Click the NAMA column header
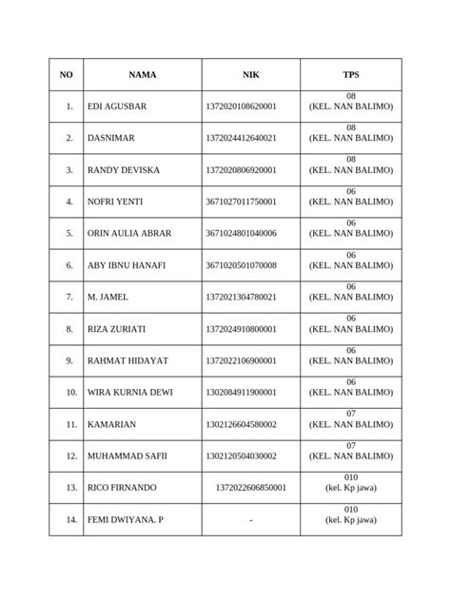[x=143, y=74]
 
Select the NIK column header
[x=250, y=74]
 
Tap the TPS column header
[x=351, y=74]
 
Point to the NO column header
[x=66, y=74]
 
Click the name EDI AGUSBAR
[x=117, y=106]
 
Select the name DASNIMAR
[x=111, y=138]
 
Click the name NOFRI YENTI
[x=116, y=202]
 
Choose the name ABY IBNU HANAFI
[x=126, y=265]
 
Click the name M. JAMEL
[x=107, y=297]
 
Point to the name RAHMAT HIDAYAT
[x=123, y=360]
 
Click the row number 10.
[x=69, y=392]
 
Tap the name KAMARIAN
[x=111, y=424]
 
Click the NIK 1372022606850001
[x=251, y=487]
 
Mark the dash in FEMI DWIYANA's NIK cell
[x=250, y=519]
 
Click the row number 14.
[x=69, y=519]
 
